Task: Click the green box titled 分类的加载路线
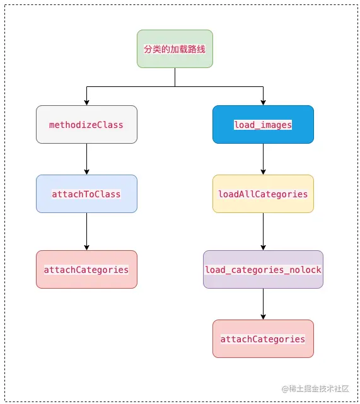click(175, 49)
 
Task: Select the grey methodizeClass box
click(86, 125)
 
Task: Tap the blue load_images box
click(263, 125)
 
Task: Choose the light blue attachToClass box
click(86, 194)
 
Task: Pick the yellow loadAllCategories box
click(263, 194)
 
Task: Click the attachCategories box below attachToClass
click(86, 270)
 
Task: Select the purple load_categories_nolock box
click(263, 270)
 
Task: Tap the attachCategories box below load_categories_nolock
click(263, 339)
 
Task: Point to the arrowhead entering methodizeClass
click(86, 102)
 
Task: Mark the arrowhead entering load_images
click(263, 102)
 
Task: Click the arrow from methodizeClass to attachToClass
click(86, 159)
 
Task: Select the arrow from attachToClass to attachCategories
click(86, 231)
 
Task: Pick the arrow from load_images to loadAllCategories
click(263, 159)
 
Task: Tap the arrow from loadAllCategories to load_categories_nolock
click(263, 231)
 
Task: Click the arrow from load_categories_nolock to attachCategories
click(263, 304)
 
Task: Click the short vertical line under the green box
click(175, 77)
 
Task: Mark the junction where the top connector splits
click(175, 86)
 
